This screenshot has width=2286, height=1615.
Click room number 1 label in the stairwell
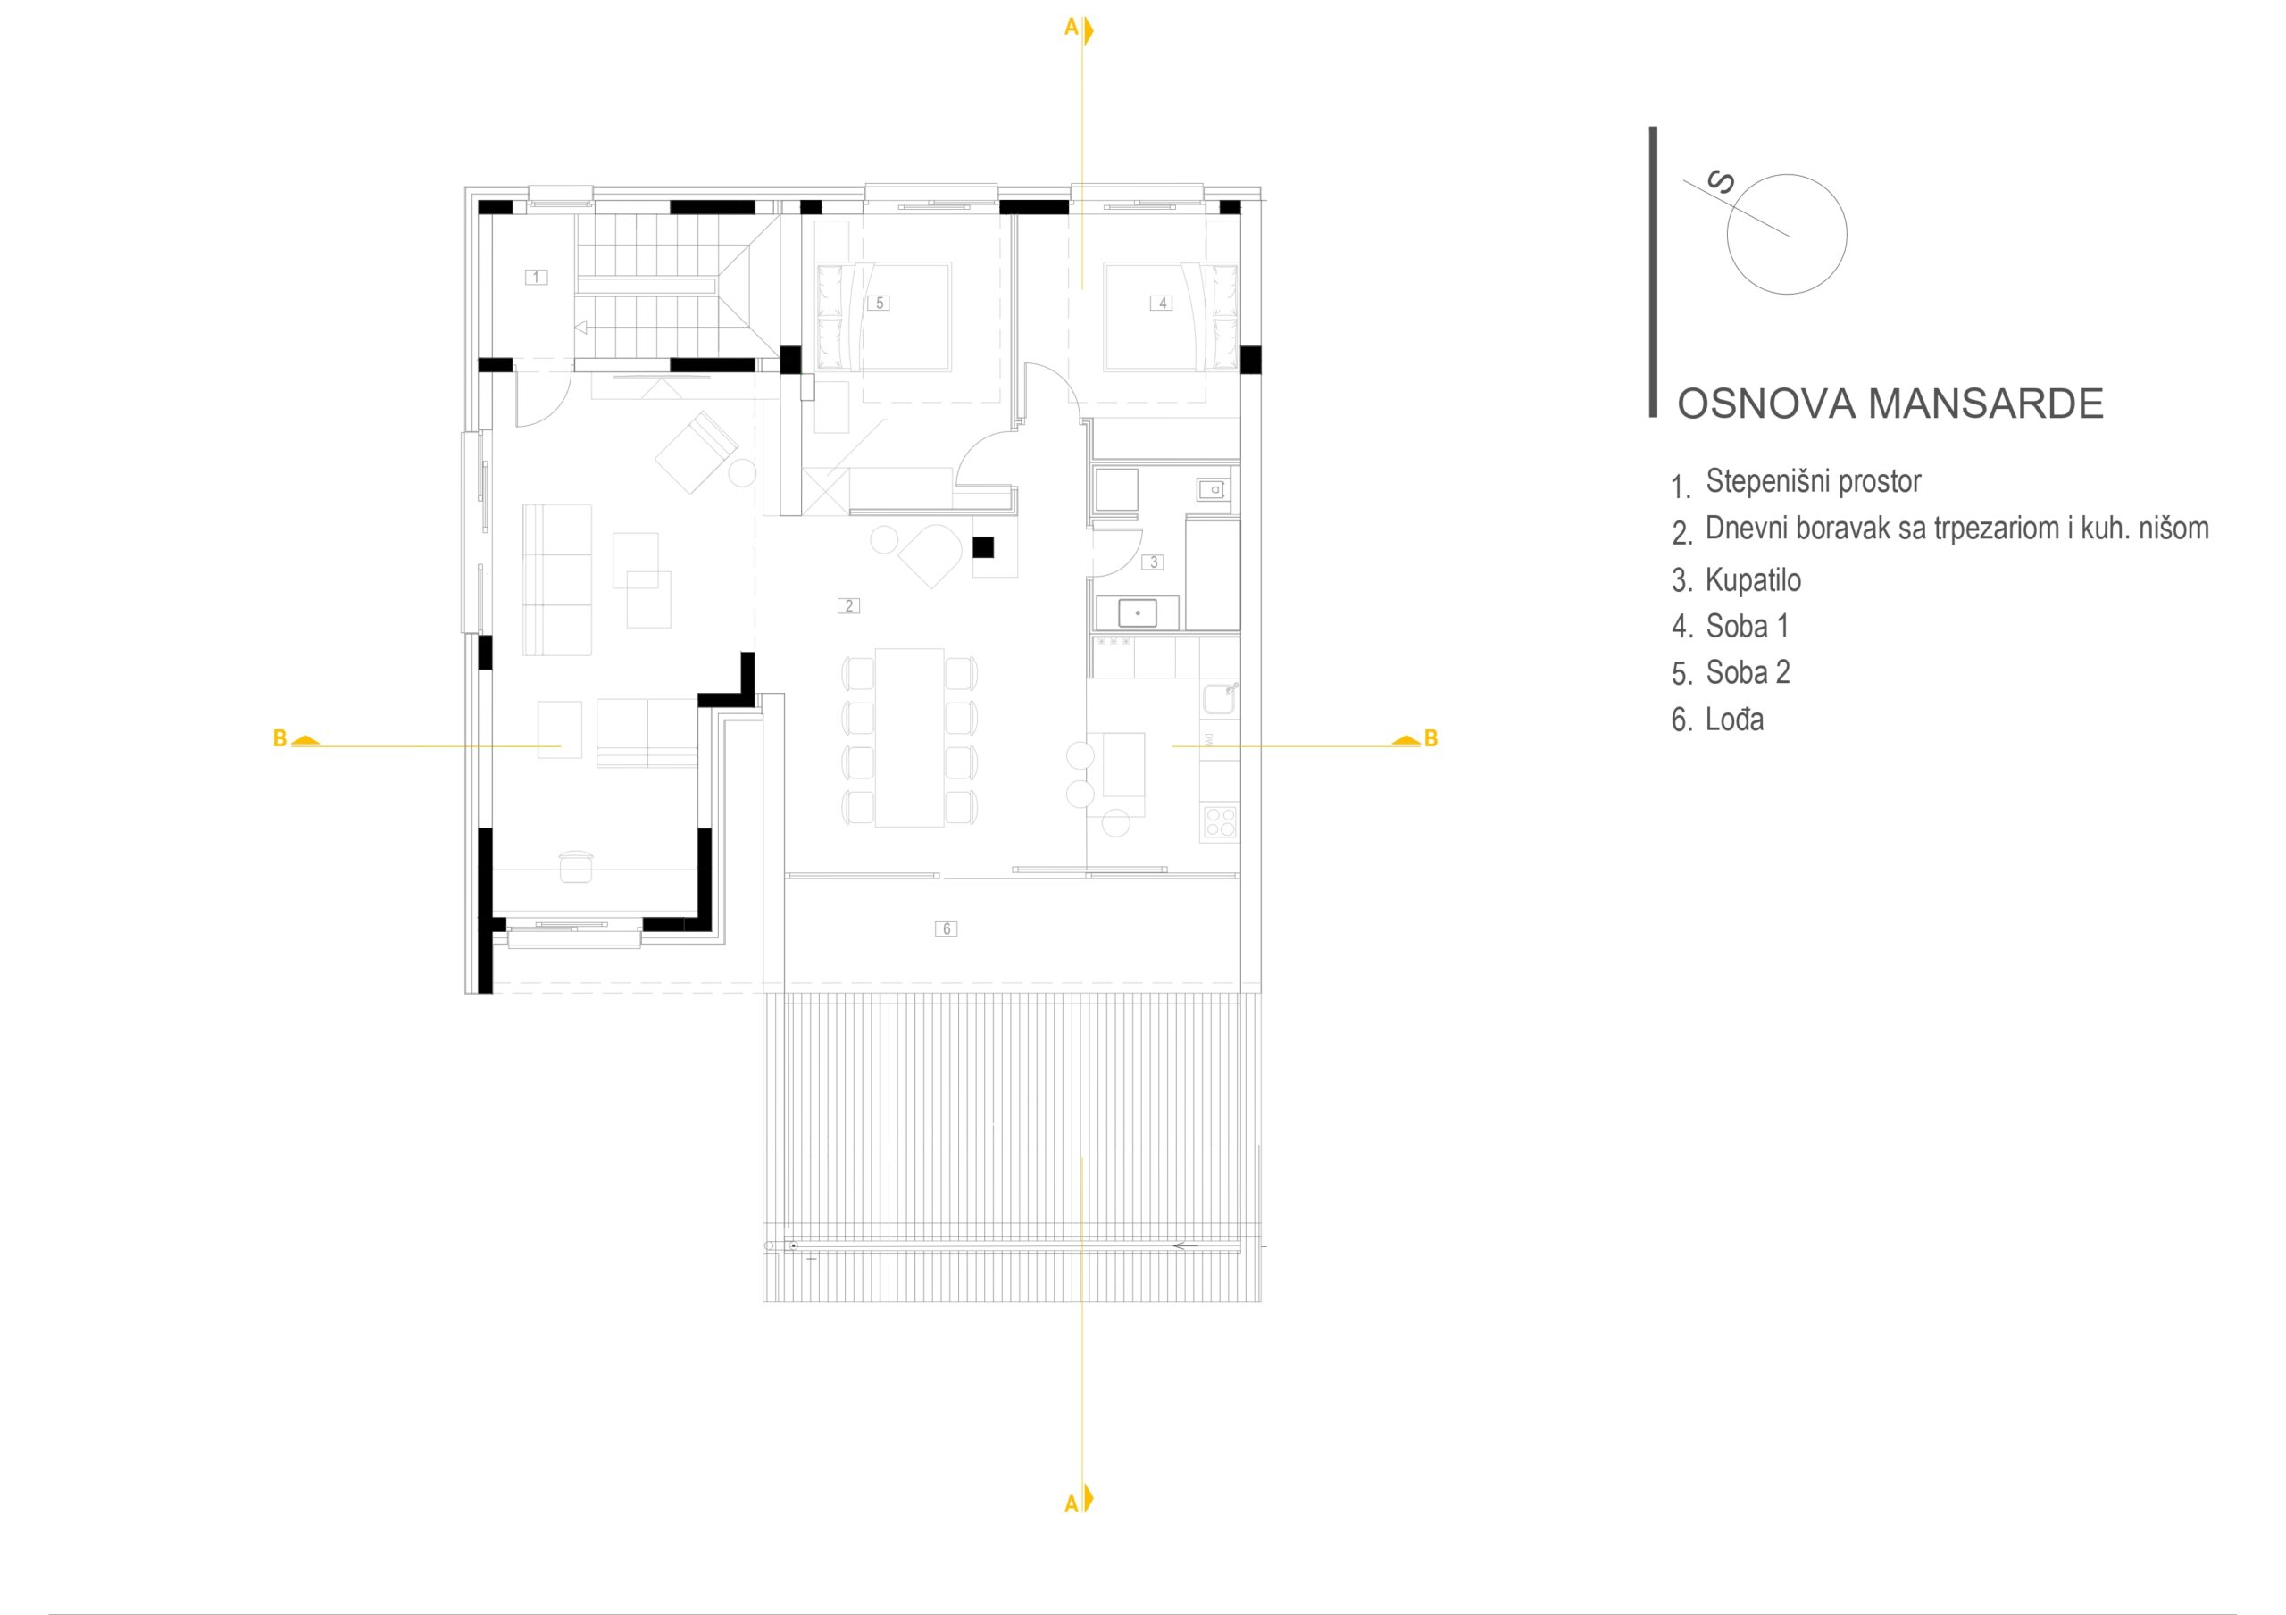tap(536, 277)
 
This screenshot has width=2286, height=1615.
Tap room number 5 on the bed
tap(878, 303)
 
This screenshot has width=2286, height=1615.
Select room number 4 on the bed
tap(1162, 303)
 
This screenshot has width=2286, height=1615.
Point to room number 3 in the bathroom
tap(1153, 562)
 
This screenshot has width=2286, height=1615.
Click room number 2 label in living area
tap(848, 604)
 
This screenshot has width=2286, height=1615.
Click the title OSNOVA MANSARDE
tap(1890, 404)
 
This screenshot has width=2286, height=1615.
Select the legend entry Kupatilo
tap(1752, 579)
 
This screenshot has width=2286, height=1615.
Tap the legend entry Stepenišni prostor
tap(1813, 481)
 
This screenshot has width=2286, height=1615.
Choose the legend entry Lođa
tap(1734, 719)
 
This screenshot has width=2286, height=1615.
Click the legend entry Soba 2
tap(1748, 672)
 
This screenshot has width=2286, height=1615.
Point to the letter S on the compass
tap(1721, 183)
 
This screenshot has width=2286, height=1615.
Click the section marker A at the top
tap(1079, 29)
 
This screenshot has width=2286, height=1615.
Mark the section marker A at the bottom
tap(1079, 1503)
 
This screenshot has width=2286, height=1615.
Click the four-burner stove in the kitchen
tap(1220, 822)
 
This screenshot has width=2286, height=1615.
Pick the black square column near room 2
tap(982, 546)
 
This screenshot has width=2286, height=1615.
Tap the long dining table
tap(909, 737)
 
